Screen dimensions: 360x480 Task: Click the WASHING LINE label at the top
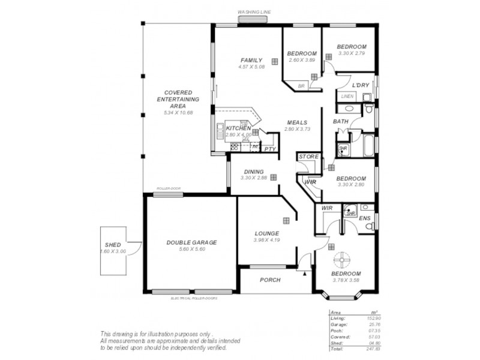[254, 11]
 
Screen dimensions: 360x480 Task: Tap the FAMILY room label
[251, 61]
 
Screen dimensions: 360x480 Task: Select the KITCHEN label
[238, 128]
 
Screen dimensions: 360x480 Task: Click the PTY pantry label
[270, 149]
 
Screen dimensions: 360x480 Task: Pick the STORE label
[308, 157]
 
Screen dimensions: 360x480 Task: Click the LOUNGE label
[266, 233]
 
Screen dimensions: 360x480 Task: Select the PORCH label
[270, 280]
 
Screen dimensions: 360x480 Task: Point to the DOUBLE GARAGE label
[191, 242]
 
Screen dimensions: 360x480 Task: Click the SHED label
[113, 245]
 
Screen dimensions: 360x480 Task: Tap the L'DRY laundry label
[360, 85]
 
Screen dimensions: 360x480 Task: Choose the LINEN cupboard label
[347, 96]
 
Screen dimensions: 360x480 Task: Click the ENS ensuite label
[364, 218]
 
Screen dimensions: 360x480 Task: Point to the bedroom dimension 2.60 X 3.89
[302, 60]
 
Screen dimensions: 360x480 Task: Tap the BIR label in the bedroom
[301, 86]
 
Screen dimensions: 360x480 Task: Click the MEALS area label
[297, 122]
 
